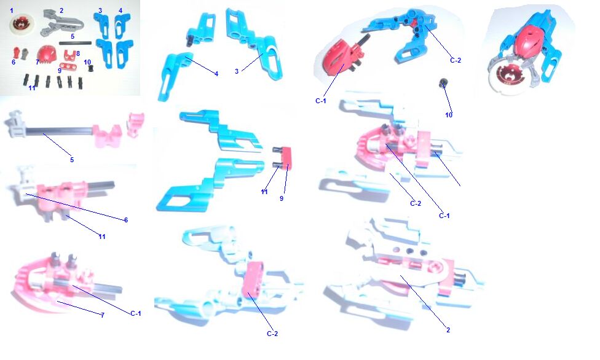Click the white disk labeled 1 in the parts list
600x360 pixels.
(22, 25)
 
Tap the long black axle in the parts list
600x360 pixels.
(75, 43)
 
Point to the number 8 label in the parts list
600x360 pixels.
(78, 53)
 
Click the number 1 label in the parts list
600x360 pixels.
(12, 10)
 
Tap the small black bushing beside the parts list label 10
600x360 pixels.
(92, 68)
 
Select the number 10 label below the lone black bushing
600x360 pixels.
(449, 115)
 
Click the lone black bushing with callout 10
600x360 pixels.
(443, 82)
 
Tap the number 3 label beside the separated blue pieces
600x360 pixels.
(237, 71)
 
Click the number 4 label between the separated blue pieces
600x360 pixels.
(216, 74)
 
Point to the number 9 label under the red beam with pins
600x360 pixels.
(282, 198)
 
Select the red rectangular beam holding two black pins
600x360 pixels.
(286, 158)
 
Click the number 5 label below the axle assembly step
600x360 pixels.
(72, 160)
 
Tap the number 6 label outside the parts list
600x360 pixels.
(125, 220)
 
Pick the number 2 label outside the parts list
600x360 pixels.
(448, 330)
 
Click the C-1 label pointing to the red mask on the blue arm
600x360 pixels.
(321, 101)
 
